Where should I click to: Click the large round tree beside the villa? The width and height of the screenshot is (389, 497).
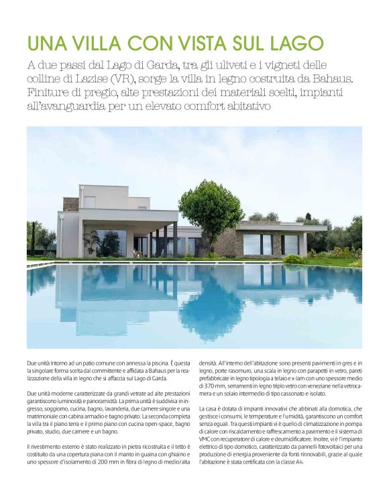pos(212,207)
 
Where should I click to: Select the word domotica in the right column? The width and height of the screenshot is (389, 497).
pos(324,427)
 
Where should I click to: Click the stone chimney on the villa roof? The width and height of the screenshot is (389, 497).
pos(70,204)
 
